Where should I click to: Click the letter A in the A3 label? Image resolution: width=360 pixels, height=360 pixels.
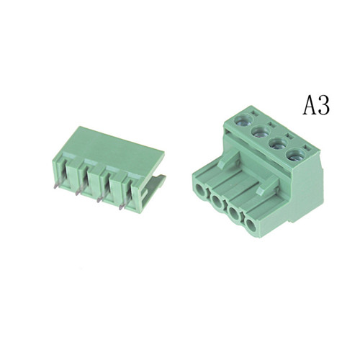(x=310, y=105)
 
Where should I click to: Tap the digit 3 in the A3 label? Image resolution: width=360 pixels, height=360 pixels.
(x=324, y=106)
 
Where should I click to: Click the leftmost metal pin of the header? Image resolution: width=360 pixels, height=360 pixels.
(x=57, y=185)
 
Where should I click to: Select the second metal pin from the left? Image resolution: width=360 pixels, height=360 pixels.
(x=78, y=192)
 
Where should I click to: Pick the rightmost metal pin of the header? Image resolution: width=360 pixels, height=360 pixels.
(x=122, y=206)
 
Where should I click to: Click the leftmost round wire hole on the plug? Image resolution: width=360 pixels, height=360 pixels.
(x=201, y=190)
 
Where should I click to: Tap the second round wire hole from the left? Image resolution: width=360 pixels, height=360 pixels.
(x=217, y=201)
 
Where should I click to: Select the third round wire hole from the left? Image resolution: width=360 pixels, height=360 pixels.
(x=233, y=212)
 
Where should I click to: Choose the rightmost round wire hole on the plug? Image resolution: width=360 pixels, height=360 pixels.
(x=251, y=225)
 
